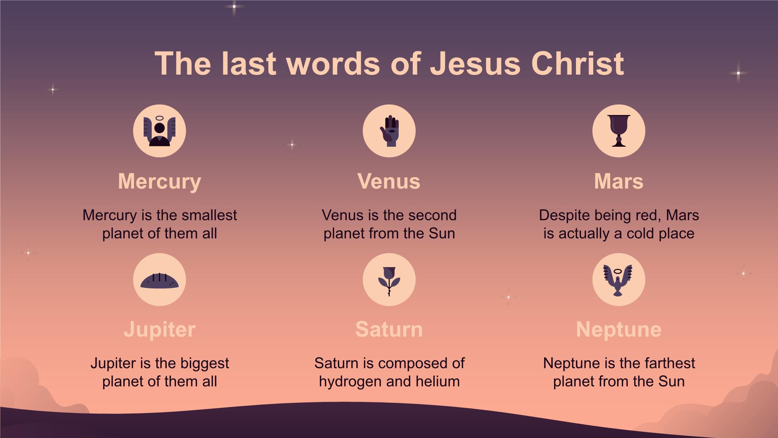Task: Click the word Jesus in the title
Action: (475, 63)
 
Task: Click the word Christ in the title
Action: (577, 63)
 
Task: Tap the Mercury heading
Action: (160, 182)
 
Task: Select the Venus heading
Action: (389, 181)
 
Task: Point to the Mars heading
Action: (618, 181)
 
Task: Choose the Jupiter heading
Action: (160, 330)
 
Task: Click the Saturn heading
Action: (389, 329)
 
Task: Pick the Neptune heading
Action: (618, 330)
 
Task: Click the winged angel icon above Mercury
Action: (160, 131)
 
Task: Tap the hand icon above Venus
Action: (389, 131)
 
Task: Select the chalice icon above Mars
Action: (619, 131)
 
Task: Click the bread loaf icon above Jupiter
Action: (160, 281)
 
